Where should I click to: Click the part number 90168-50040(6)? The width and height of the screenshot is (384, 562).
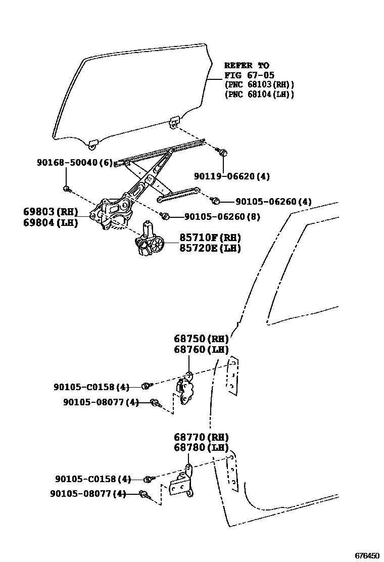point(75,162)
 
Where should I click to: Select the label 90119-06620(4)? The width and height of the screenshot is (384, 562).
point(232,176)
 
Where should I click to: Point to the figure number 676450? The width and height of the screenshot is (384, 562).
point(367,555)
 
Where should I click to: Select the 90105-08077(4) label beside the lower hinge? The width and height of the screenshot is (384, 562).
point(87,494)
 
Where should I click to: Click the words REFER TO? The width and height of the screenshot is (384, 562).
point(247,65)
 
